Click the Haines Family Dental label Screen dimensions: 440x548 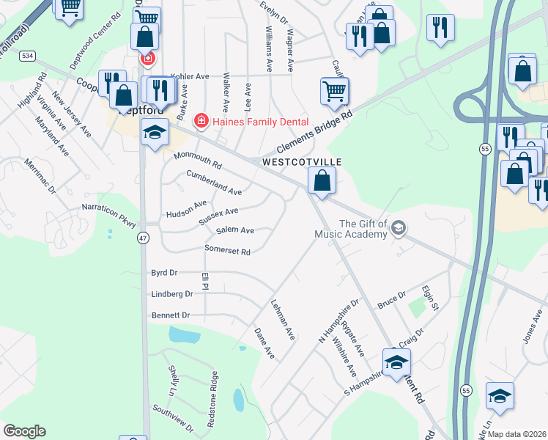pyautogui.click(x=260, y=121)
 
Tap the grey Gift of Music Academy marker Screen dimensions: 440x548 pyautogui.click(x=398, y=227)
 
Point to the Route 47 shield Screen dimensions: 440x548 pyautogui.click(x=142, y=238)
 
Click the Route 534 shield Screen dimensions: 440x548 pyautogui.click(x=28, y=56)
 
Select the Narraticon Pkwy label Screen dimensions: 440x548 pyautogui.click(x=109, y=214)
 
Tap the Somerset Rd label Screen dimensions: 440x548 pyautogui.click(x=228, y=252)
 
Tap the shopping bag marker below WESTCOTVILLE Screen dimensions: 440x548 pyautogui.click(x=322, y=180)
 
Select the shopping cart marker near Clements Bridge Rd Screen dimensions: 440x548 pyautogui.click(x=334, y=92)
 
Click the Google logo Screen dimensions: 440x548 pyautogui.click(x=24, y=431)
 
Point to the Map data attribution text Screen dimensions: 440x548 pyautogui.click(x=516, y=434)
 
